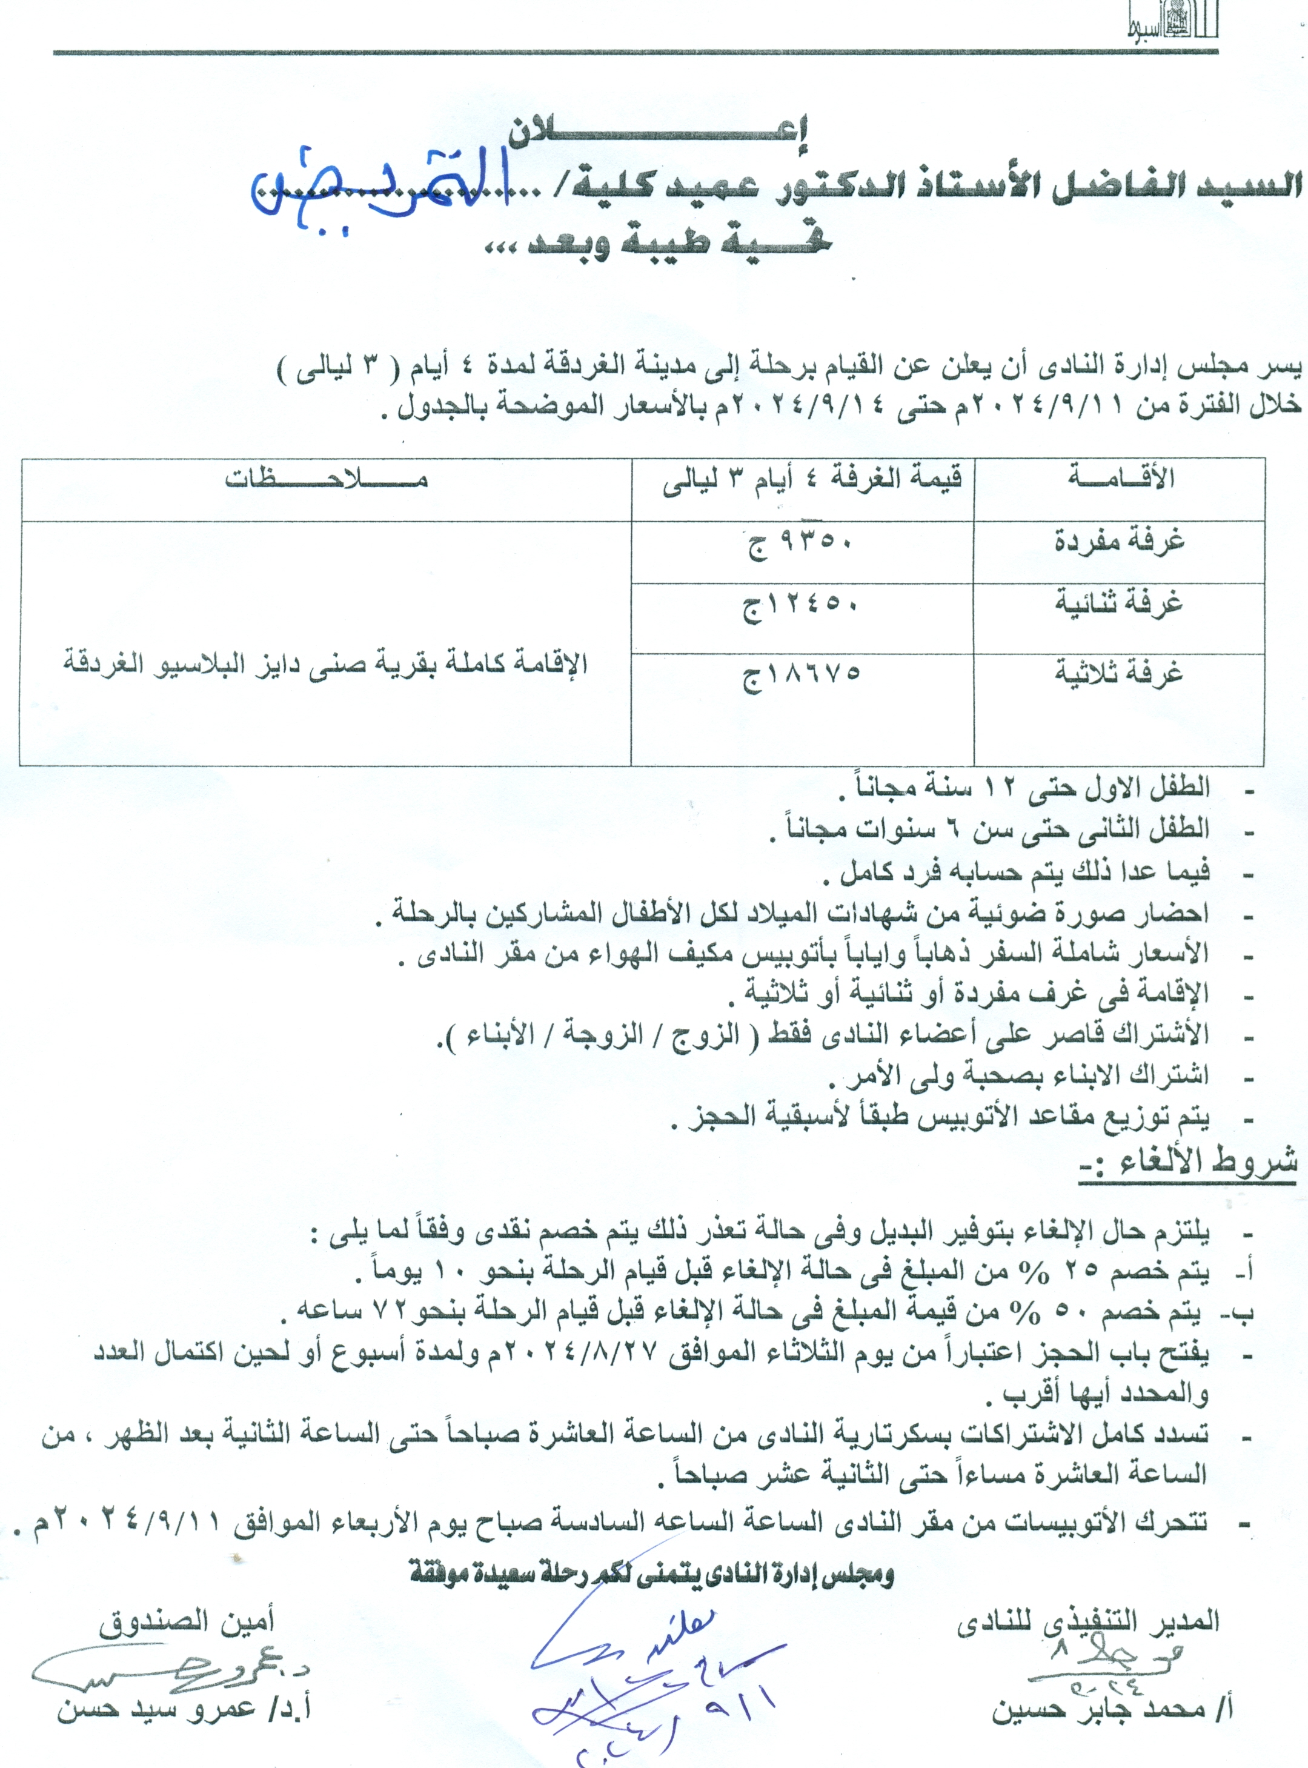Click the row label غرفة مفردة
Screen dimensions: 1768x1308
[x=1119, y=542]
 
